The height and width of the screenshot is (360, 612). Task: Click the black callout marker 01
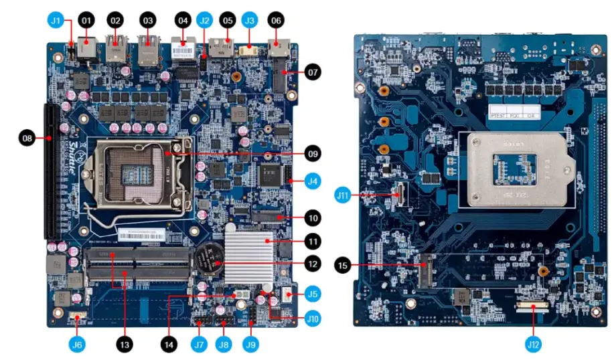tap(85, 21)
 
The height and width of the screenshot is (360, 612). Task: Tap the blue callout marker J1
tap(56, 21)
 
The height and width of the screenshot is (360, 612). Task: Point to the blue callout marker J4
tap(313, 180)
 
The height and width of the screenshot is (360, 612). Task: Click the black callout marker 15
tap(343, 266)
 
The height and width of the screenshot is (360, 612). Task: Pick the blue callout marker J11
tap(343, 195)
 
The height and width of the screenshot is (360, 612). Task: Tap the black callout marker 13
tap(123, 344)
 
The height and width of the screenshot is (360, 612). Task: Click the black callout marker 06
tap(275, 21)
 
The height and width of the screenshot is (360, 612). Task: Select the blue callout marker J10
tap(313, 318)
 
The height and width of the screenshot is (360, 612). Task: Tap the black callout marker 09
tap(313, 153)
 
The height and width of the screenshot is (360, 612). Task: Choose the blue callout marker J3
tap(249, 21)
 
